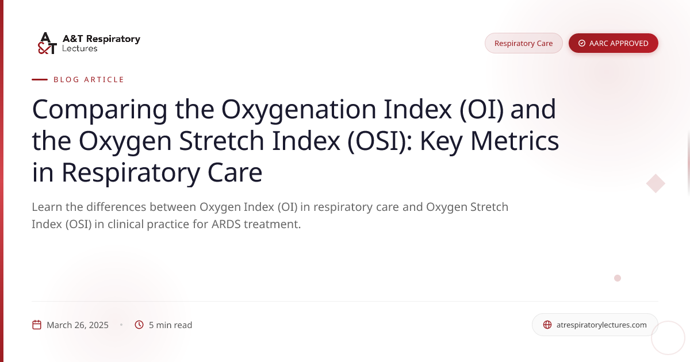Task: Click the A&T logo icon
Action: click(x=47, y=43)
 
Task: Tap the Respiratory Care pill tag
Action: click(x=523, y=43)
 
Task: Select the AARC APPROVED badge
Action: click(x=613, y=43)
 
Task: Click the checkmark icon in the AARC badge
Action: click(x=582, y=43)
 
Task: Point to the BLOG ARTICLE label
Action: click(x=89, y=80)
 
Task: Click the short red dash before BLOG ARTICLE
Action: click(x=40, y=80)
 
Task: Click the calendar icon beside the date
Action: click(x=37, y=325)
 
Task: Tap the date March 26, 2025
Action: click(x=78, y=325)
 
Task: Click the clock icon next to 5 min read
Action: click(x=139, y=325)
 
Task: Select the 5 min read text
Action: click(x=170, y=325)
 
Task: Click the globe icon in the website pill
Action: click(x=547, y=325)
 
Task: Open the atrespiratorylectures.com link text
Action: click(x=601, y=325)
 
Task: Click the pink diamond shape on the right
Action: click(x=655, y=183)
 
